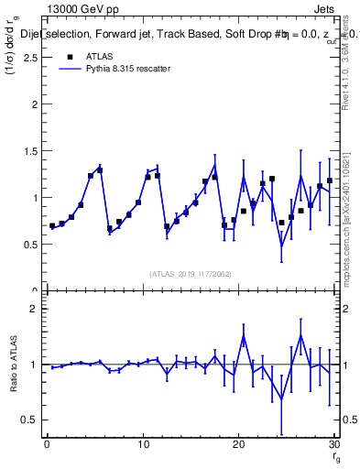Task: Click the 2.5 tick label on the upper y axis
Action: tap(32, 57)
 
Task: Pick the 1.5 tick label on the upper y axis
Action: tap(32, 150)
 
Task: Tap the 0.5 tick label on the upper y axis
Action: tap(32, 245)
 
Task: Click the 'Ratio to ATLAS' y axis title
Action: tap(12, 365)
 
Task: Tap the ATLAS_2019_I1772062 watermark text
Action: tap(191, 274)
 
